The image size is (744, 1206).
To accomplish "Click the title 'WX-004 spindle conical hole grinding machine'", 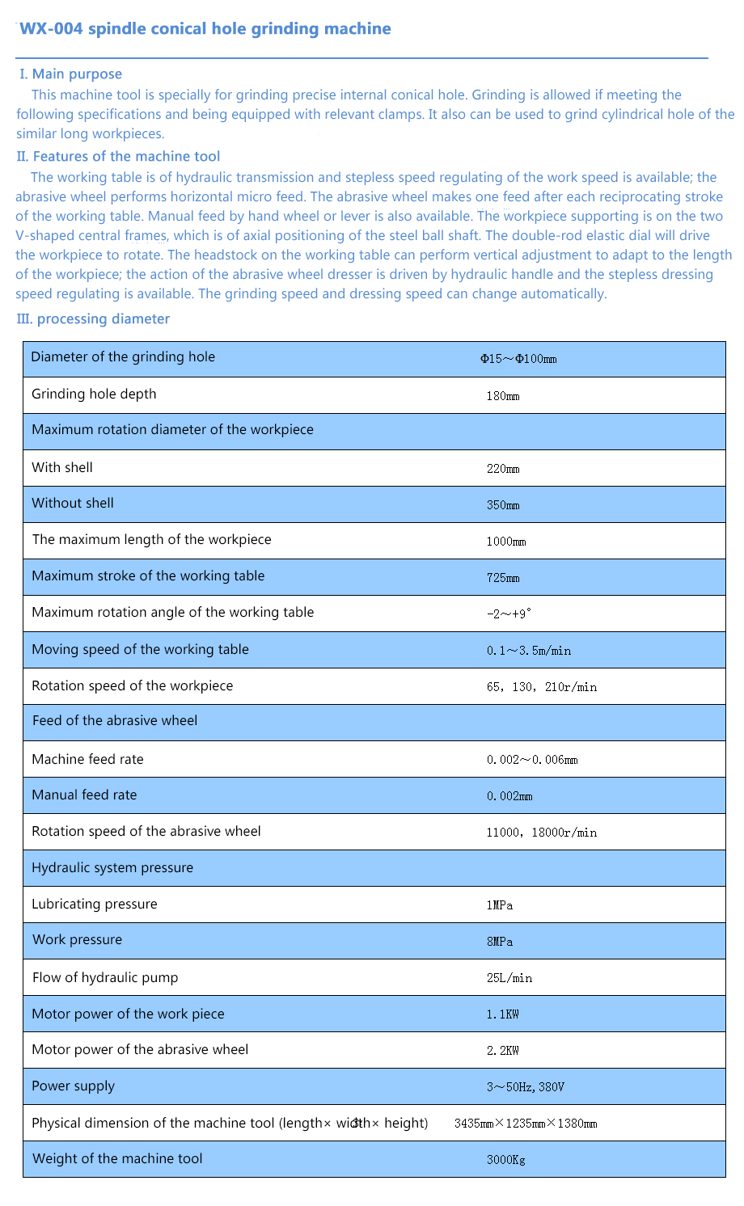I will (x=205, y=29).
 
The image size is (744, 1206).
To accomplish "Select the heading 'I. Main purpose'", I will (x=71, y=74).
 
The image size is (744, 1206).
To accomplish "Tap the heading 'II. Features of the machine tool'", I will (x=118, y=157).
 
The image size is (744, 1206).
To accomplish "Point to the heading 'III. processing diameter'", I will (x=93, y=319).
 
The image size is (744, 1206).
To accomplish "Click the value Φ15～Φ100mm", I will (x=518, y=359).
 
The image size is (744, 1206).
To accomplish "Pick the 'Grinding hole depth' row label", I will (x=94, y=394).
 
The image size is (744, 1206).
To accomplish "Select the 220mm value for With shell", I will (x=503, y=469).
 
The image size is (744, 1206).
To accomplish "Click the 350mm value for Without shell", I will (x=503, y=505).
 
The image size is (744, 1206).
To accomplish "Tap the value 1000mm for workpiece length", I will (x=506, y=542).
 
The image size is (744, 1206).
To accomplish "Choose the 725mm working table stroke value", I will (x=503, y=578).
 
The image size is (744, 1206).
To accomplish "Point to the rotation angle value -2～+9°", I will (x=509, y=614).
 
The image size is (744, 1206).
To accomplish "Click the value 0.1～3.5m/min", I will (x=529, y=651).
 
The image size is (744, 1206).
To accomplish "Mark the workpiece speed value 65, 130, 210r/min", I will (x=542, y=687).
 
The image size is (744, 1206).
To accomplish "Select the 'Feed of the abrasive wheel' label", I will (x=115, y=721).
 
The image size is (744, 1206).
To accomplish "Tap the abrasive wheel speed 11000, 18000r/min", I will (x=542, y=833).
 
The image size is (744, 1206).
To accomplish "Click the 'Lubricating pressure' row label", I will (x=95, y=904).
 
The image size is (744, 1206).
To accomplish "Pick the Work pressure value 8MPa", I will (x=500, y=942).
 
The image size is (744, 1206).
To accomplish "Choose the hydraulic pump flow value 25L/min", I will (x=509, y=978).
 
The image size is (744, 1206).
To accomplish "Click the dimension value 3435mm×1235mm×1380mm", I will (x=526, y=1124).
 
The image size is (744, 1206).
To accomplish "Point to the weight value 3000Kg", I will (x=506, y=1160).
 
